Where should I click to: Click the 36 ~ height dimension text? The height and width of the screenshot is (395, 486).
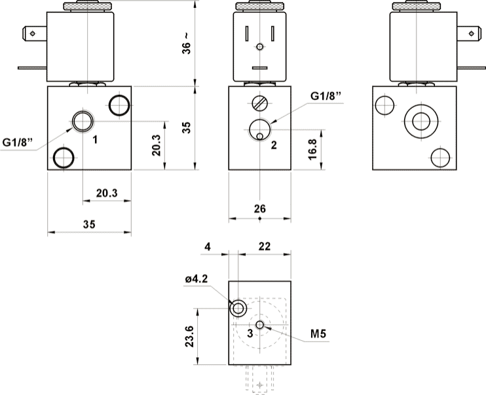187,43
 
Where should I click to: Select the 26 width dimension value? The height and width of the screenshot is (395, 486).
259,208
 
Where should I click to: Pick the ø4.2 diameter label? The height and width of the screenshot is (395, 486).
196,280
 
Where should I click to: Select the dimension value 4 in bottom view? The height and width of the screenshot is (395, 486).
208,247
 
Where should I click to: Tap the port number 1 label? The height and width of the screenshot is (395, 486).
96,139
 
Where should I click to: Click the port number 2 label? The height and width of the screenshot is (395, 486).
274,145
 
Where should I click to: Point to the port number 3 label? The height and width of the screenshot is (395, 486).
250,333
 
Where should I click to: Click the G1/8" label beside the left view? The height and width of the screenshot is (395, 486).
18,142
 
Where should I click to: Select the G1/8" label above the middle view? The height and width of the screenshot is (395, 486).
326,96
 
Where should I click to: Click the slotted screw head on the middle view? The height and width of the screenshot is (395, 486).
260,103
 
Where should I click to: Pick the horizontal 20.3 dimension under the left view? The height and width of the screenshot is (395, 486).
107,193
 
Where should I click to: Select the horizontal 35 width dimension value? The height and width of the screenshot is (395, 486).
89,224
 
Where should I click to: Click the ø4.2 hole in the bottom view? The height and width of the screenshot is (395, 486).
238,307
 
